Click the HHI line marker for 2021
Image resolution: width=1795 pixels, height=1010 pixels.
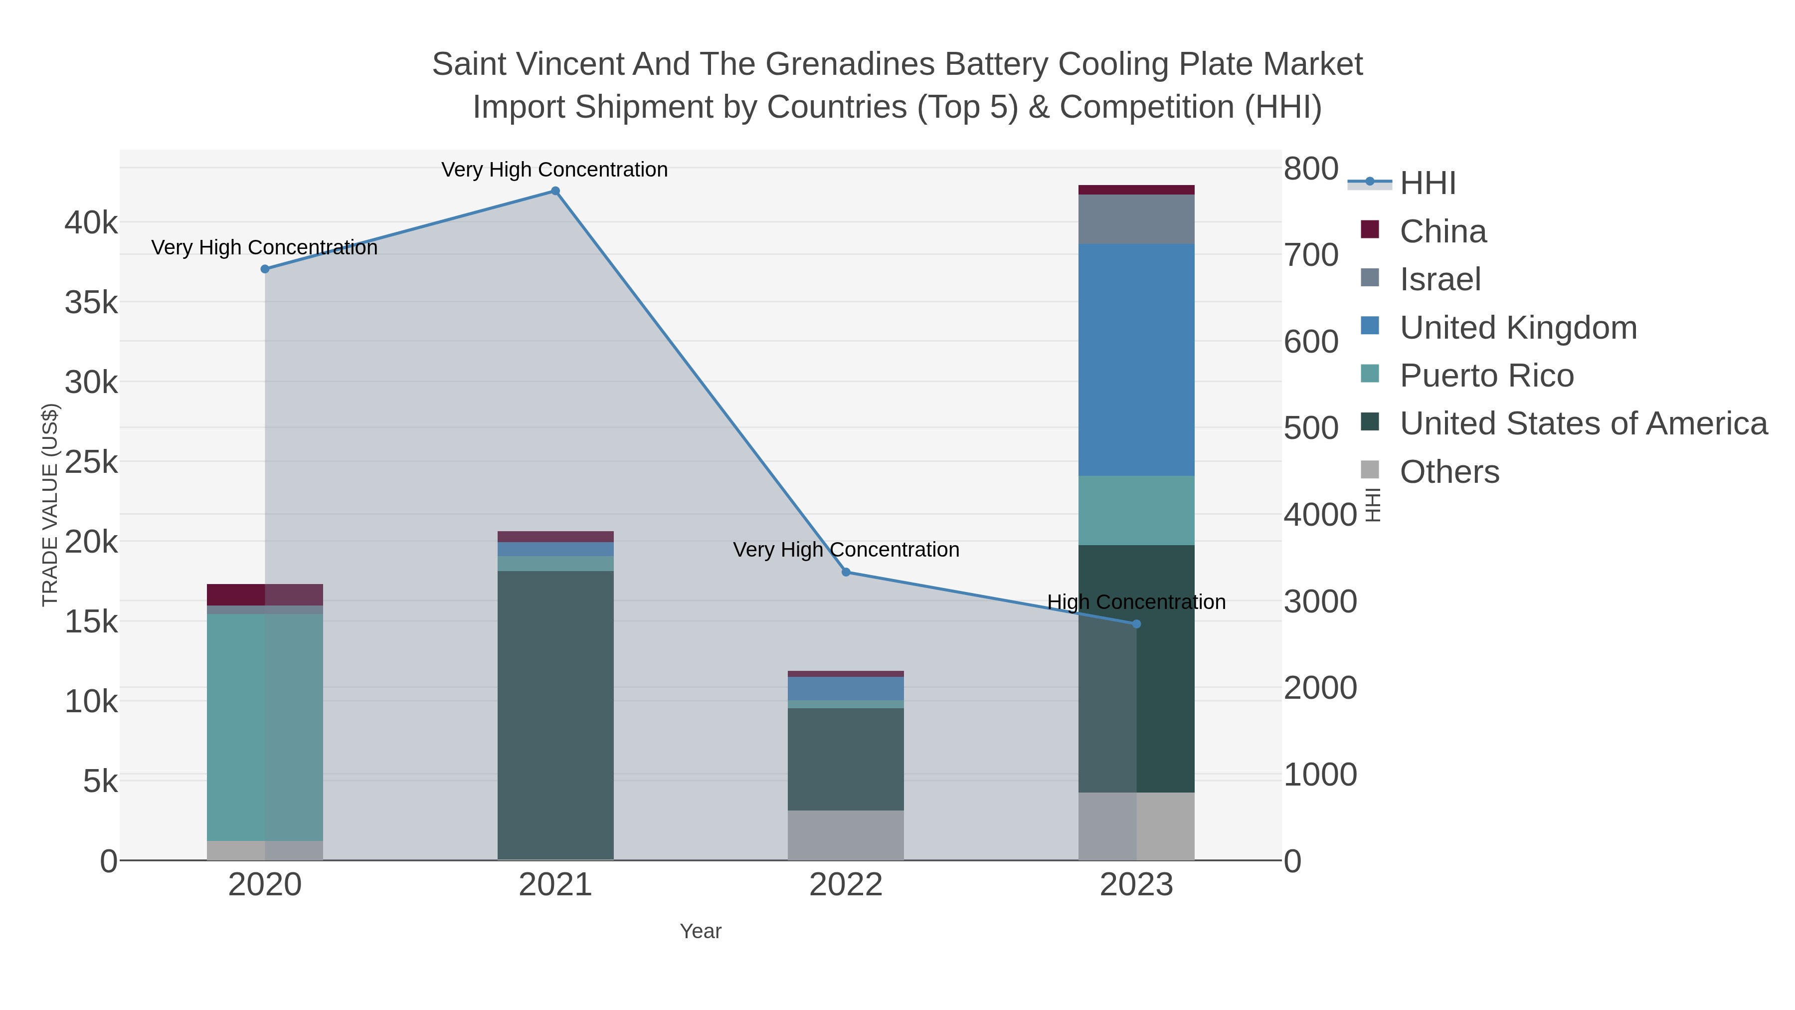click(x=555, y=191)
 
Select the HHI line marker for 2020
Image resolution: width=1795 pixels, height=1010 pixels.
click(x=265, y=269)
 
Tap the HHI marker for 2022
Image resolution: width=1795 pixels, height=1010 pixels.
click(x=846, y=572)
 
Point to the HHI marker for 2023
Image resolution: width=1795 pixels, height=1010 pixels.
click(x=1136, y=624)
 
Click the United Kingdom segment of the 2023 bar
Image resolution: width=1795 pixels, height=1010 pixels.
click(x=1136, y=360)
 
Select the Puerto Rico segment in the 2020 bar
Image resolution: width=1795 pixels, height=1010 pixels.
click(x=265, y=727)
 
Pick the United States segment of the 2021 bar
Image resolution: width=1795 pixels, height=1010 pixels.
click(x=555, y=714)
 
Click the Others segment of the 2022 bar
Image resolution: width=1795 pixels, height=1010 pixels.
click(x=846, y=834)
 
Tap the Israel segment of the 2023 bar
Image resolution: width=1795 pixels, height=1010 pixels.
click(x=1136, y=219)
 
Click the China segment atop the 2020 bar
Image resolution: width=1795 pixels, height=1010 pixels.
click(x=265, y=595)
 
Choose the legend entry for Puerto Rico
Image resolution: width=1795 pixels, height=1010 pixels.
click(x=1486, y=376)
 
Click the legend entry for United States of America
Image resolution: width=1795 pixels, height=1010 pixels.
click(x=1583, y=424)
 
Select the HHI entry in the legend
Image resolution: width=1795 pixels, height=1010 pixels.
click(x=1427, y=184)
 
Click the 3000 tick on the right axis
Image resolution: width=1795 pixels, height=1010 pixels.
click(x=1320, y=602)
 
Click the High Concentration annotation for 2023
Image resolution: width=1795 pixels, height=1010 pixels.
click(x=1136, y=602)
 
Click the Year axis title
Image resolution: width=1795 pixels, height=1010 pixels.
click(x=701, y=931)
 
